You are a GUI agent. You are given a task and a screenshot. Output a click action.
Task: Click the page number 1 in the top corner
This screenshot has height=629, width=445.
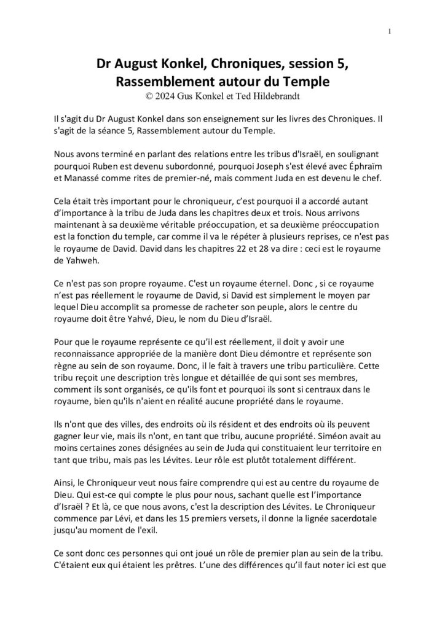coord(390,31)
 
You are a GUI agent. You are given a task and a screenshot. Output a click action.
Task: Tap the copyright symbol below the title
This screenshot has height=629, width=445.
coord(146,95)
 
